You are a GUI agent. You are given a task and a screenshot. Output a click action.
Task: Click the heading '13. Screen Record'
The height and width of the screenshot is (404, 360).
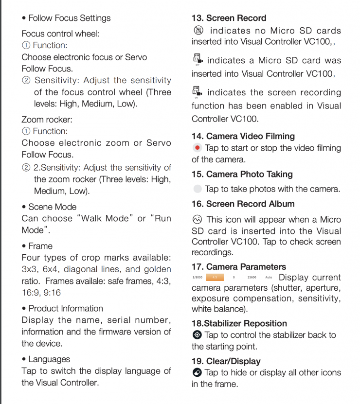229,18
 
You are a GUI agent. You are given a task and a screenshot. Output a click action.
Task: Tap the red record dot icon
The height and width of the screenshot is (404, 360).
197,148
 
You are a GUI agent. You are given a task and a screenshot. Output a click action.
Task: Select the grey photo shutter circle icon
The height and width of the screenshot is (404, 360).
197,189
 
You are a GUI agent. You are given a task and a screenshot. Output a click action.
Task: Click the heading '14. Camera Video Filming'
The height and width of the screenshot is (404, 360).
243,136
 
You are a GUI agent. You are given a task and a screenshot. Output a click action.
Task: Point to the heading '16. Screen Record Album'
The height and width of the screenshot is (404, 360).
243,204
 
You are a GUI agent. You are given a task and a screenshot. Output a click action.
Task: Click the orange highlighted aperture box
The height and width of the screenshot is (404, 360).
215,277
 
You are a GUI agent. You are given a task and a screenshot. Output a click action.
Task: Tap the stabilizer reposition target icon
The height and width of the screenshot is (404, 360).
197,334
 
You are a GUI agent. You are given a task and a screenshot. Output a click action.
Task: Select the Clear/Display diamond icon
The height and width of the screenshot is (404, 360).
197,372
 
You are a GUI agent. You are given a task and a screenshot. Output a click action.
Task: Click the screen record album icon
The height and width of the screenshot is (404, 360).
197,219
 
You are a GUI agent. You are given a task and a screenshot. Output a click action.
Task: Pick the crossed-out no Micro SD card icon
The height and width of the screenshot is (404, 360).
198,30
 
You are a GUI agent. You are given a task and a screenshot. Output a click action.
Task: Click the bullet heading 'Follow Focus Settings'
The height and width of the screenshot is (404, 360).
66,18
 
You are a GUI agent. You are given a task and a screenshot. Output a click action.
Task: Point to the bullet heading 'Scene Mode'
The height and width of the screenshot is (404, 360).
49,207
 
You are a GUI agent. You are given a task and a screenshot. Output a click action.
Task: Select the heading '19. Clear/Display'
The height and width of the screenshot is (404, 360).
226,361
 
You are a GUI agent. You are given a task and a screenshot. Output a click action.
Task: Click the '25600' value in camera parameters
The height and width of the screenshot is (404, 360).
252,277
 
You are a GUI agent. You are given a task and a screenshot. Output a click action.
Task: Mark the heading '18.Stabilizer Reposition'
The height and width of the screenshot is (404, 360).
239,323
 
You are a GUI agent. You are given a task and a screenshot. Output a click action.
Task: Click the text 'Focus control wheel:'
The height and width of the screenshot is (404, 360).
60,34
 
